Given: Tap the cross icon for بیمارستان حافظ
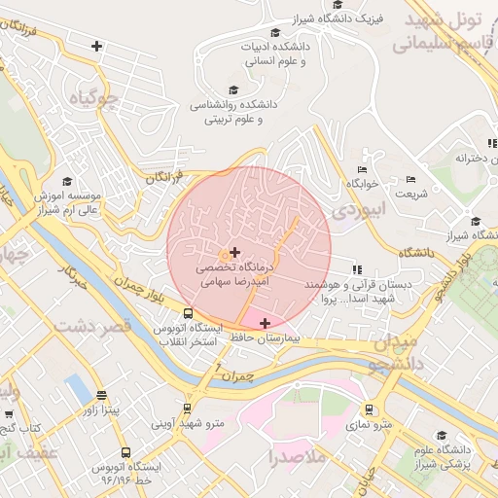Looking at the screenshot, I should point(265,322).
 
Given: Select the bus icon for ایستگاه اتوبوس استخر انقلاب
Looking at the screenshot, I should point(188,314).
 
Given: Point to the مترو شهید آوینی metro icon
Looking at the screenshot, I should point(188,409).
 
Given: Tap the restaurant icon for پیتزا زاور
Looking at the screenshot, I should point(102,395).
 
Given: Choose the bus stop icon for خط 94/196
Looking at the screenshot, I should point(125,452).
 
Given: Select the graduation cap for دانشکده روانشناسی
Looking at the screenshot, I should point(233,90).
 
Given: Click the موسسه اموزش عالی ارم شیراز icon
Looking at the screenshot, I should point(67,181).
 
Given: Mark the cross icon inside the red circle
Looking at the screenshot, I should point(234,252).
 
